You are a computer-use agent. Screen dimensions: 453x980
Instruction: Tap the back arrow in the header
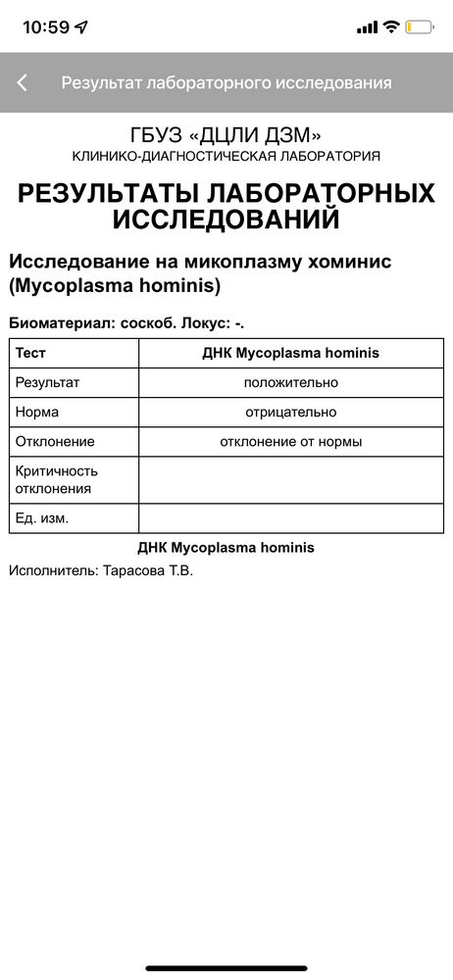(x=23, y=83)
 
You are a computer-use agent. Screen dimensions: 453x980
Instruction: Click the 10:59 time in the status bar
(x=46, y=27)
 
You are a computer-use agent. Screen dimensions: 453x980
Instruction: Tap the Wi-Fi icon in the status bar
(x=391, y=27)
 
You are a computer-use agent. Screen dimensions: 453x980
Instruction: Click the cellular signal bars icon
(x=368, y=27)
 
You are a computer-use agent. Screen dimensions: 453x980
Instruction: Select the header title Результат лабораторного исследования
(x=226, y=83)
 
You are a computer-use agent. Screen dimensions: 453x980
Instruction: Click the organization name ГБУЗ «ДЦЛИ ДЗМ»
(x=226, y=135)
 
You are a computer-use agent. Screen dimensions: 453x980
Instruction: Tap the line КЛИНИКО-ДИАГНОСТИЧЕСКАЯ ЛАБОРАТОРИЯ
(x=226, y=157)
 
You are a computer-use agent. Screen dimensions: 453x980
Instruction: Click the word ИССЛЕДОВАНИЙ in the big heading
(x=226, y=220)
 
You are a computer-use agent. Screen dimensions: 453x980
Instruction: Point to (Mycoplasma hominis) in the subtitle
(x=115, y=286)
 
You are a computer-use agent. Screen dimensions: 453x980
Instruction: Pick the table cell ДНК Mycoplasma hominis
(x=291, y=353)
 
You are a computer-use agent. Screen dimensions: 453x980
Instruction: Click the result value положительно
(x=291, y=382)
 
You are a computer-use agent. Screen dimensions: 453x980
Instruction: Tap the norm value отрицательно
(x=291, y=413)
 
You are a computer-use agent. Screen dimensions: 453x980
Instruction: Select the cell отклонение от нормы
(x=291, y=442)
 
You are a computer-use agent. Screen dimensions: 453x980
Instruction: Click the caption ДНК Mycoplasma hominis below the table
(x=226, y=548)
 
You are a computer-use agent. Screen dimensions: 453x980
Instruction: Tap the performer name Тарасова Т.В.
(x=148, y=569)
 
